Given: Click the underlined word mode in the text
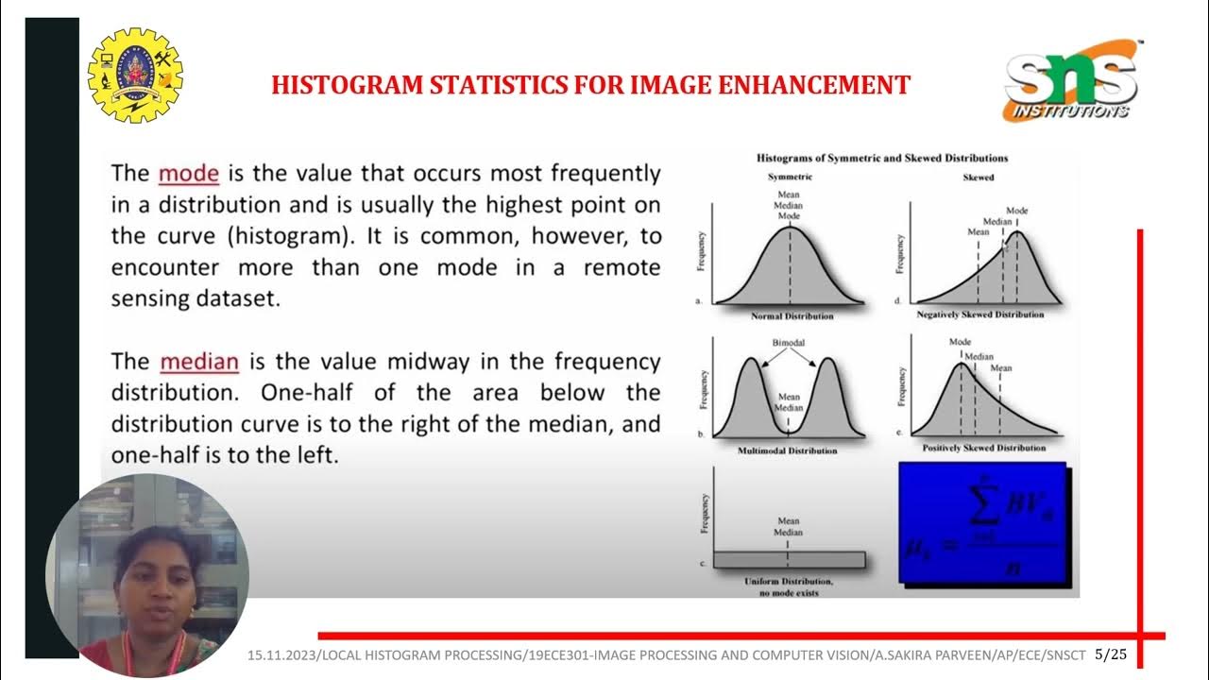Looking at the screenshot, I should (189, 174).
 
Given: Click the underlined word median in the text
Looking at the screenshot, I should (199, 362).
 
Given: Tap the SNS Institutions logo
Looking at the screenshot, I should (1072, 81).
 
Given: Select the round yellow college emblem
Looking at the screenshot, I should (135, 76).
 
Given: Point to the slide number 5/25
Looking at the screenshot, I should (1112, 654).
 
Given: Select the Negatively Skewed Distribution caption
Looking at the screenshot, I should (979, 314).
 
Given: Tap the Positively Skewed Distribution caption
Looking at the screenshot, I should (983, 448).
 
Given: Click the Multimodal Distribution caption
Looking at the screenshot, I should (787, 450).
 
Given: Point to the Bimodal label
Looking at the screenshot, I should (788, 342).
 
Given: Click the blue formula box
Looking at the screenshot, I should (981, 522).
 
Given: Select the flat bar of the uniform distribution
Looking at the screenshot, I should (789, 559).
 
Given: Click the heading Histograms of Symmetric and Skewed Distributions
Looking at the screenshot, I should (882, 158).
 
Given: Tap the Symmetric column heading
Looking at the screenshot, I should (790, 177).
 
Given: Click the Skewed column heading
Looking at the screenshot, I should (978, 177).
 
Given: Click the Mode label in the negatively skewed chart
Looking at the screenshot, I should (1016, 211).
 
